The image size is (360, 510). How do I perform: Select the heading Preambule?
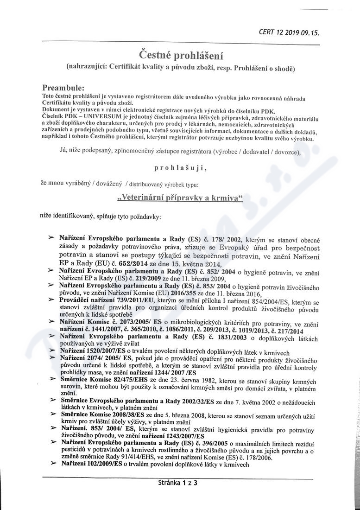(63, 88)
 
